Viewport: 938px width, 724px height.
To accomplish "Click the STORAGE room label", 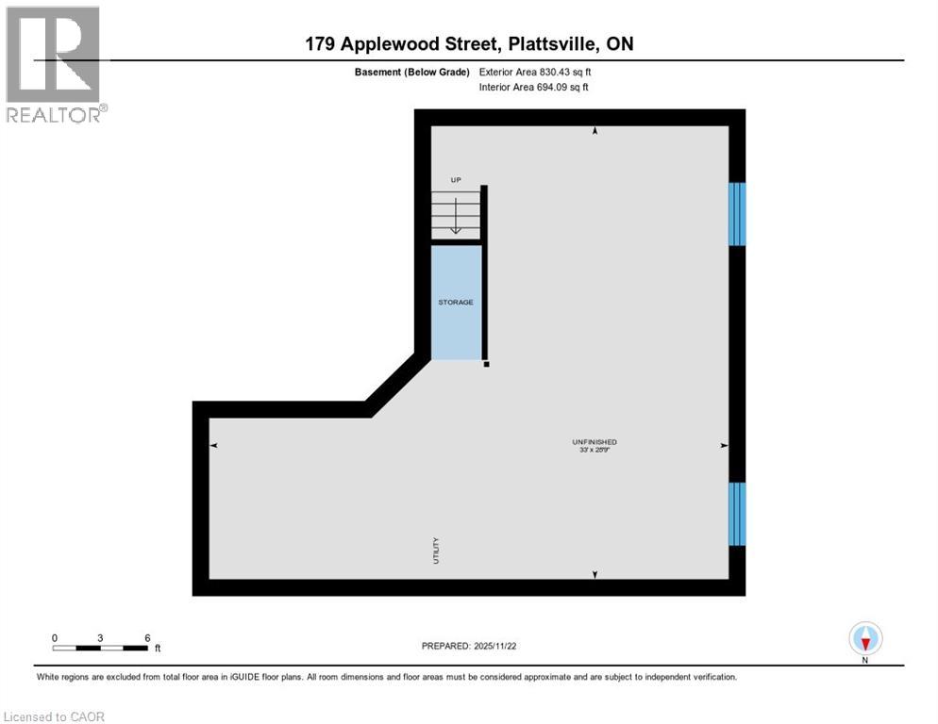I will pyautogui.click(x=455, y=302).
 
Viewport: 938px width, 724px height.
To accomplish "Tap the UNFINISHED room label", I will pyautogui.click(x=595, y=441).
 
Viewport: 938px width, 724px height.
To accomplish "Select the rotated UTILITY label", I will pyautogui.click(x=436, y=550).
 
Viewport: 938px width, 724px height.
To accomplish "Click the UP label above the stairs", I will pyautogui.click(x=455, y=179).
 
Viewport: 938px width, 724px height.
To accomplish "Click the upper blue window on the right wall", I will pyautogui.click(x=737, y=214).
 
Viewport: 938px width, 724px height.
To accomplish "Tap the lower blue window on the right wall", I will pyautogui.click(x=737, y=514).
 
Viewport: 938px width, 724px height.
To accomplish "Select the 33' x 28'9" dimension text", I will pyautogui.click(x=595, y=451).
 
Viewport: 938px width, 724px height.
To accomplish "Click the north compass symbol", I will pyautogui.click(x=865, y=638).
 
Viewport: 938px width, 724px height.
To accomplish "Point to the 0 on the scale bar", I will pyautogui.click(x=55, y=637).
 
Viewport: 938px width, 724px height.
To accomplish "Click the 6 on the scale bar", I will pyautogui.click(x=147, y=637).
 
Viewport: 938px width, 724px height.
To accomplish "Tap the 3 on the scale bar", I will pyautogui.click(x=101, y=637).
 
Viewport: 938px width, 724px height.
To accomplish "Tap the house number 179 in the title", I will pyautogui.click(x=322, y=44).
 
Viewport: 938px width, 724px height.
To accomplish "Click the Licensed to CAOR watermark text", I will pyautogui.click(x=54, y=716).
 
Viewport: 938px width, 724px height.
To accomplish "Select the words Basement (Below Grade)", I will pyautogui.click(x=412, y=72).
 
